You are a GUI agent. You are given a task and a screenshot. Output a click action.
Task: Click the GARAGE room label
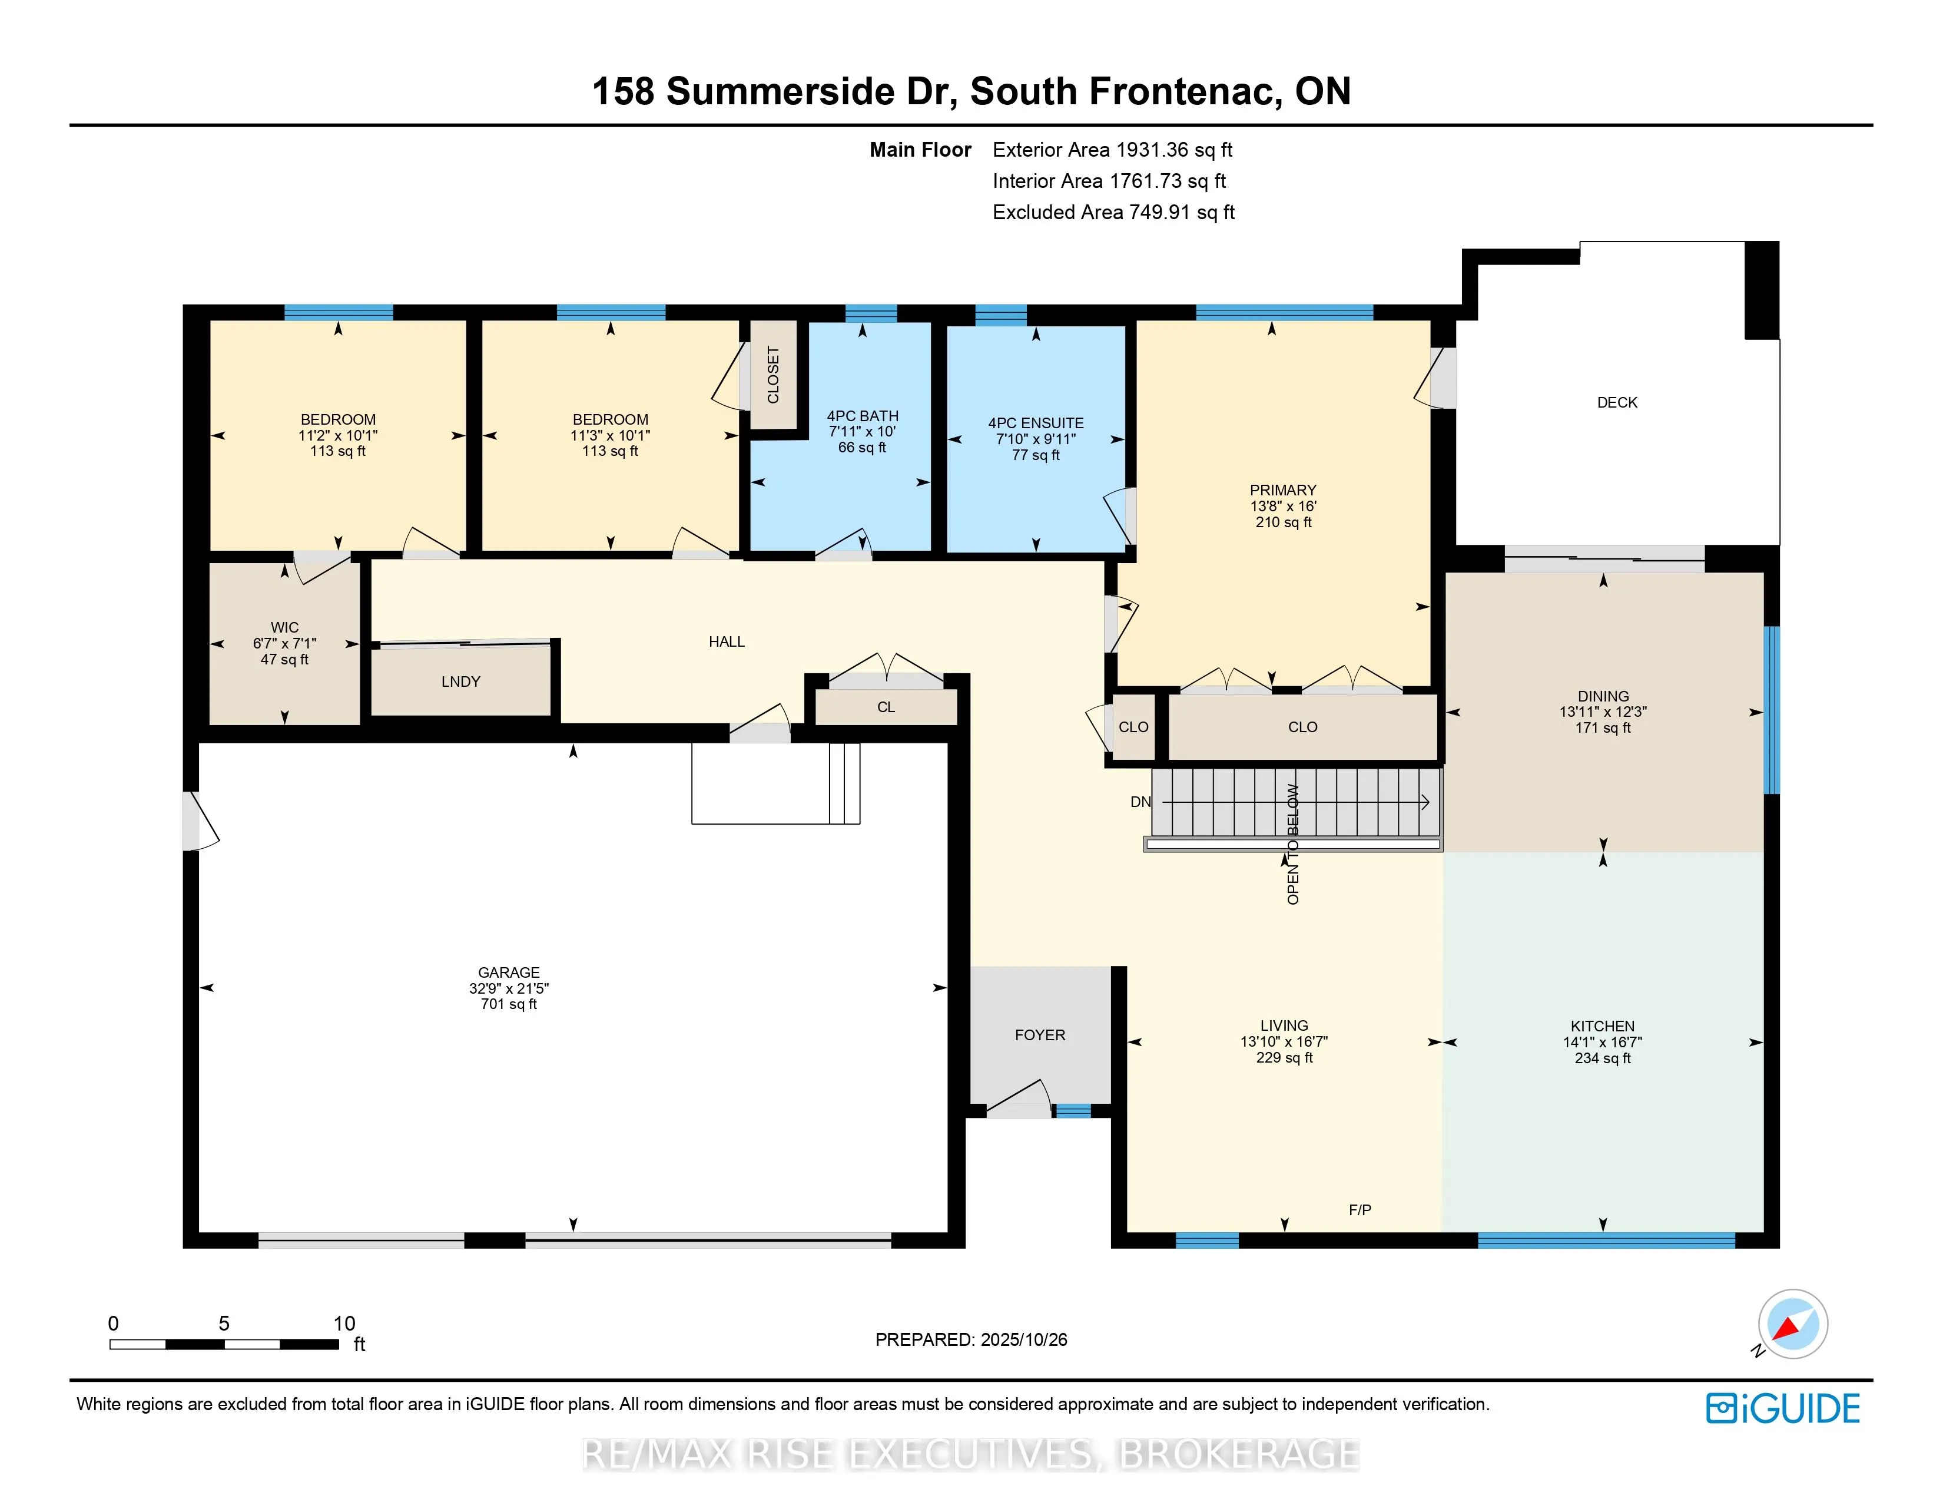[508, 972]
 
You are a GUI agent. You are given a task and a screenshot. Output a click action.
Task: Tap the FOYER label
[1039, 1035]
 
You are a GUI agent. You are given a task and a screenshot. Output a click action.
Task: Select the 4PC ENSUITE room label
[1036, 424]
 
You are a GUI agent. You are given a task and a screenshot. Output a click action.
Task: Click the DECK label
[1616, 402]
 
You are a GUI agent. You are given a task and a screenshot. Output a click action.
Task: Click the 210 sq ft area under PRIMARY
[1283, 522]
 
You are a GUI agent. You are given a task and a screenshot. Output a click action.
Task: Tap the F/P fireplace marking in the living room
[1360, 1210]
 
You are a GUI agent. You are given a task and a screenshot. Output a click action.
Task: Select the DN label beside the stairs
[1140, 802]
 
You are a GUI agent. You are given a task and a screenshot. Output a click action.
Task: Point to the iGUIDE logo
[1782, 1408]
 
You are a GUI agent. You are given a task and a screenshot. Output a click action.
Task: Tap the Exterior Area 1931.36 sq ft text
[1112, 150]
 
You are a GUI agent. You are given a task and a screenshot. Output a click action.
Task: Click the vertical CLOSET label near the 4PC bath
[772, 375]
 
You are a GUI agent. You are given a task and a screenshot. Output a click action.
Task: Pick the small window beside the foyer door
[1072, 1110]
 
